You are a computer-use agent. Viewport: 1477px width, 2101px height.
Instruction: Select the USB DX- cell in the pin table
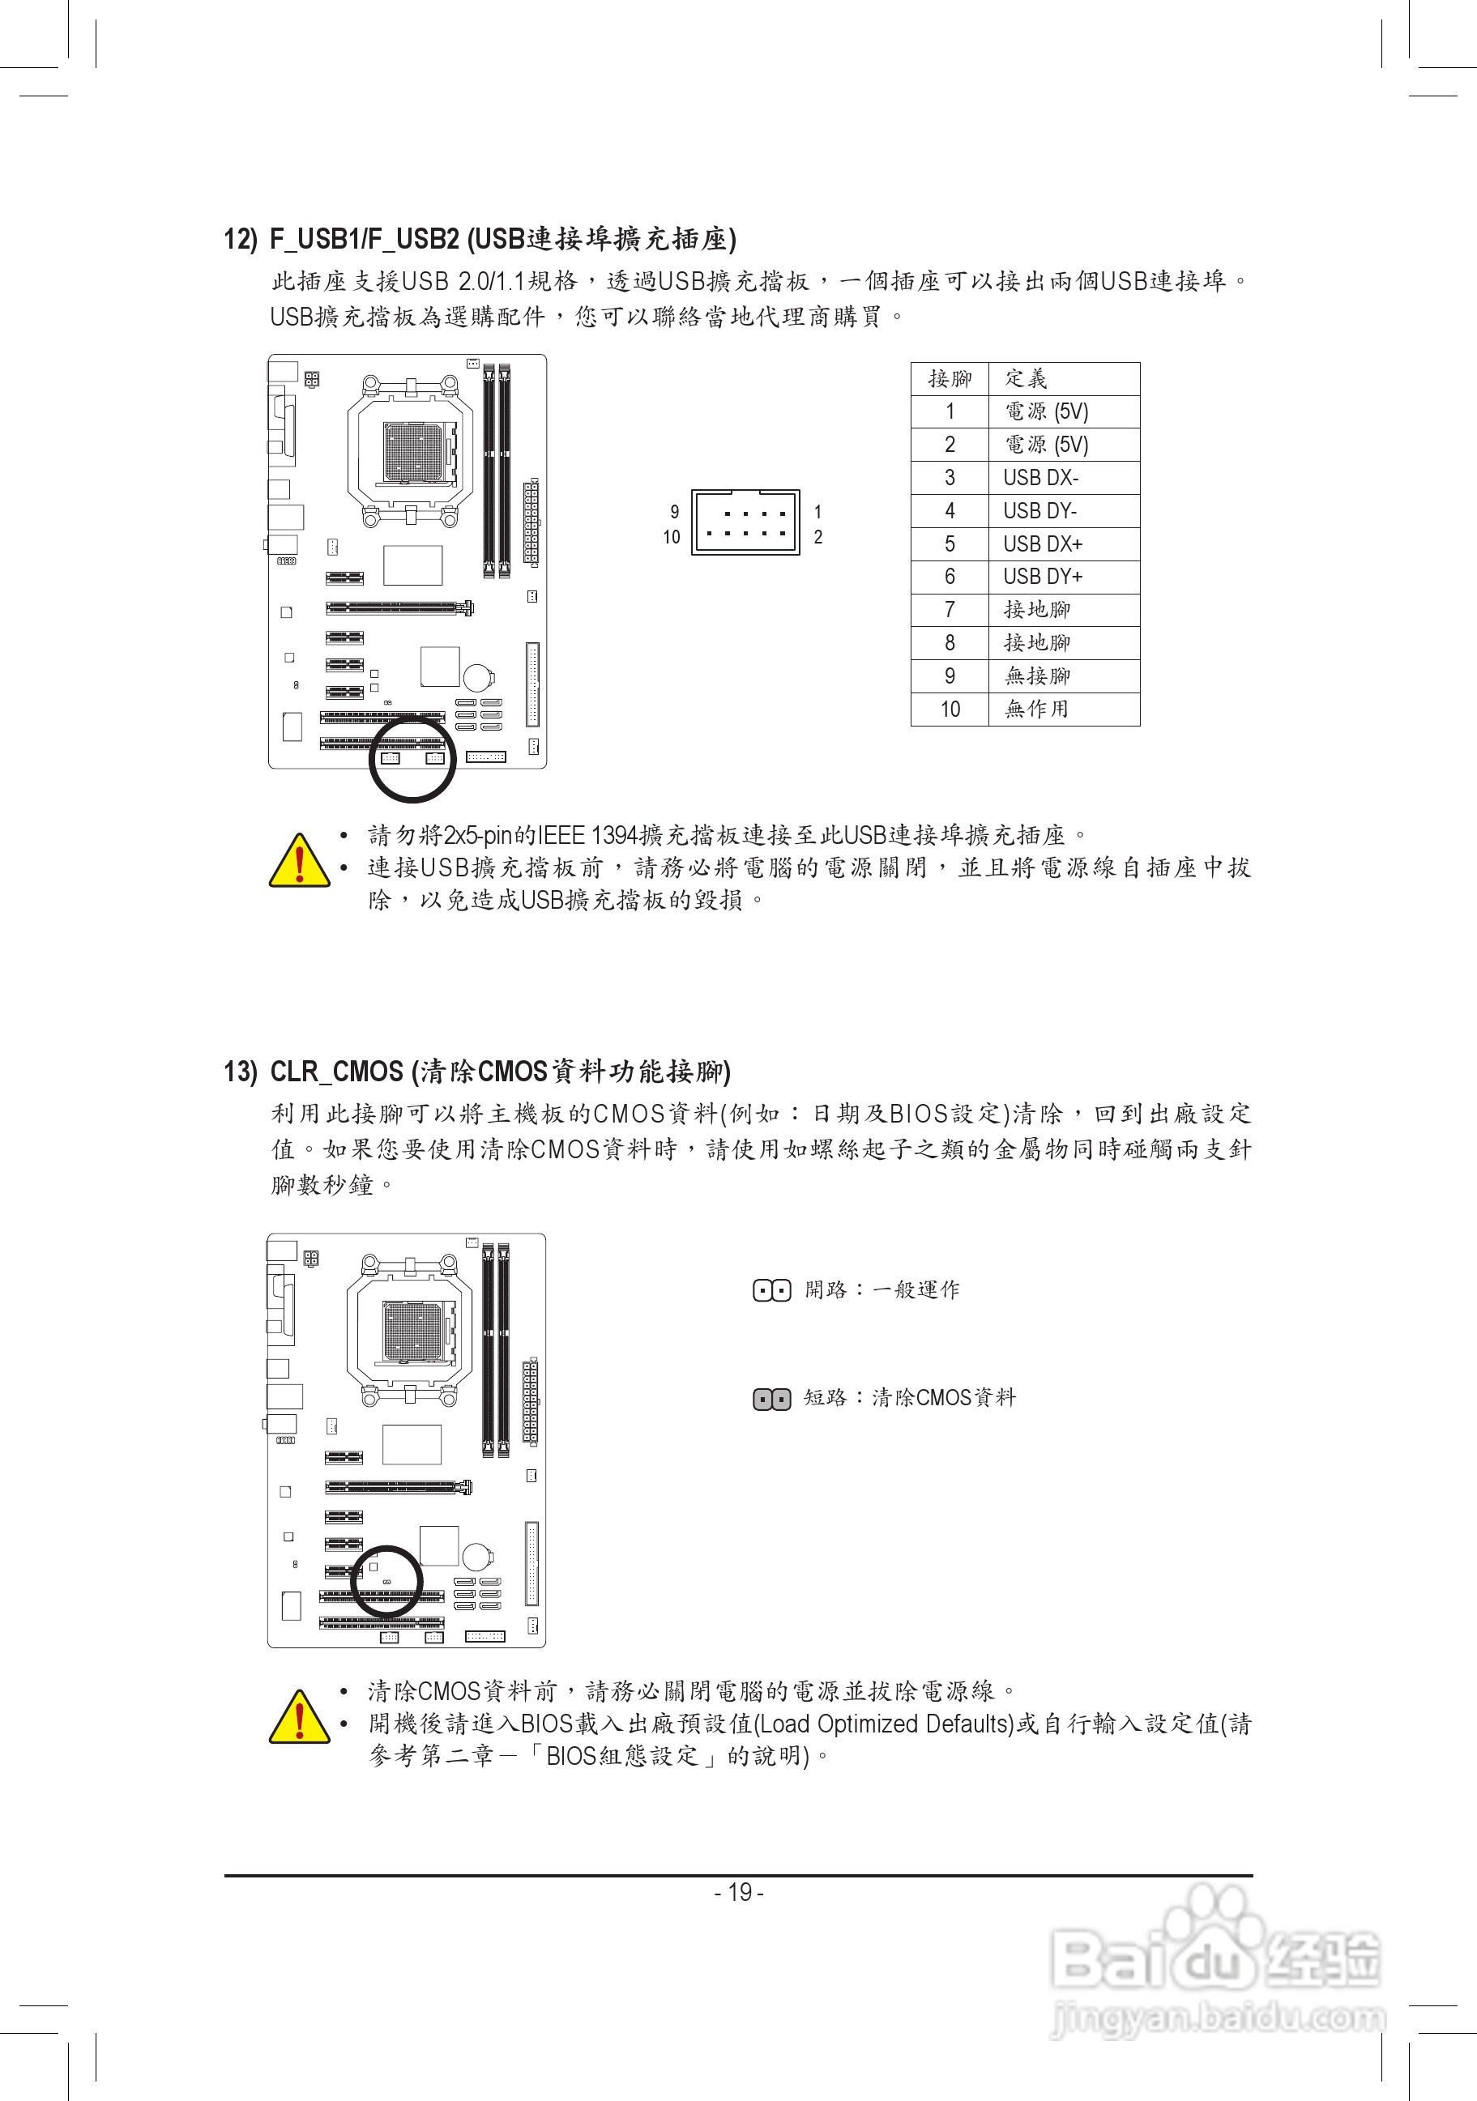click(x=1040, y=478)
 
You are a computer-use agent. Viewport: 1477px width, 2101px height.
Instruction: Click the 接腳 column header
click(x=950, y=378)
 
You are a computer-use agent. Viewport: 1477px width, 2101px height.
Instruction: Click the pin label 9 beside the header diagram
click(x=674, y=512)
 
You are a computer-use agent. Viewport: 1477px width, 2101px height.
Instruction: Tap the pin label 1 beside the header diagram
click(x=817, y=512)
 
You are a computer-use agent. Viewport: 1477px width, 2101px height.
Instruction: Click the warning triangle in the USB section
click(x=299, y=861)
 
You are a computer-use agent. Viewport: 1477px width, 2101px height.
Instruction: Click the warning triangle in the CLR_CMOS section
click(x=299, y=1715)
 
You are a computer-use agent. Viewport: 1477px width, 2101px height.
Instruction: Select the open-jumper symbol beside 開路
click(x=771, y=1291)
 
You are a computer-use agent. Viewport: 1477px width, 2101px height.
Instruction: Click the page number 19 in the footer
click(x=739, y=1892)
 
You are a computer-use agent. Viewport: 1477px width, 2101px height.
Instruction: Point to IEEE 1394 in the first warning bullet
click(x=587, y=834)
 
